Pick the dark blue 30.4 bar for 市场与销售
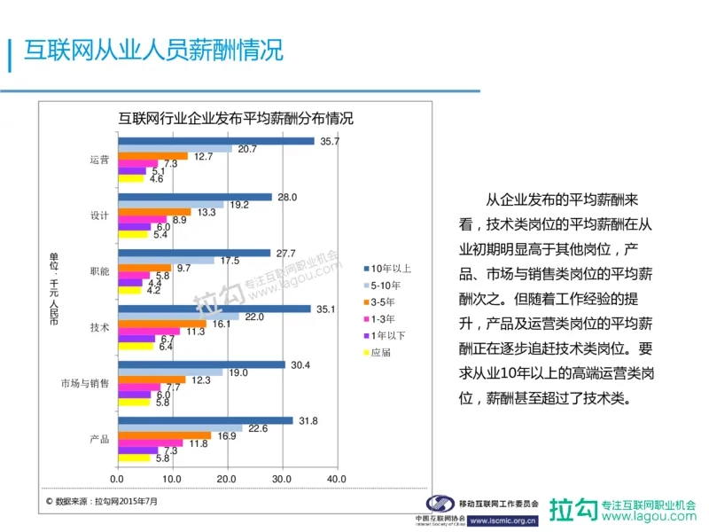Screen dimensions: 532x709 pyautogui.click(x=200, y=364)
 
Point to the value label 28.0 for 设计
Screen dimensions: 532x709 pyautogui.click(x=287, y=197)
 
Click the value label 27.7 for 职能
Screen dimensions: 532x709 pyautogui.click(x=285, y=253)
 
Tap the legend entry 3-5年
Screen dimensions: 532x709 pyautogui.click(x=385, y=301)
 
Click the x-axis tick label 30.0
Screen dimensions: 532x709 pyautogui.click(x=282, y=480)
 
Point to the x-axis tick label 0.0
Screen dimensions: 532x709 pyautogui.click(x=117, y=480)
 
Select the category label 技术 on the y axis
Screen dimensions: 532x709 pyautogui.click(x=99, y=327)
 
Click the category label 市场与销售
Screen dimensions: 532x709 pyautogui.click(x=84, y=383)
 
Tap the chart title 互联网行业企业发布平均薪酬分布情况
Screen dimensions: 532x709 pyautogui.click(x=236, y=118)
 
